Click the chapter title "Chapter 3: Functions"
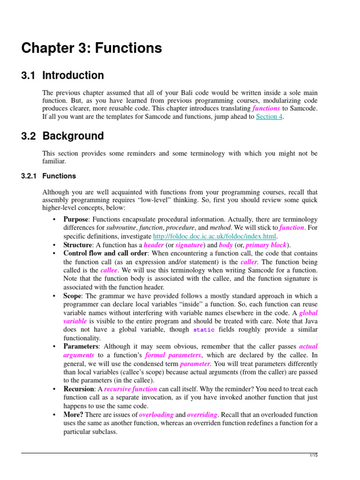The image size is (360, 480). [92, 48]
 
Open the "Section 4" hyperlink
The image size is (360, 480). [269, 117]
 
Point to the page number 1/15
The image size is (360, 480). [314, 456]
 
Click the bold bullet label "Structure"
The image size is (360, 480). [78, 245]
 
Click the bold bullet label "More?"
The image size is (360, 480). [74, 415]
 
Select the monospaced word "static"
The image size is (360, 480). [204, 330]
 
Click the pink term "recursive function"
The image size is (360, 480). [130, 389]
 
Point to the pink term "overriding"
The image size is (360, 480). [202, 415]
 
